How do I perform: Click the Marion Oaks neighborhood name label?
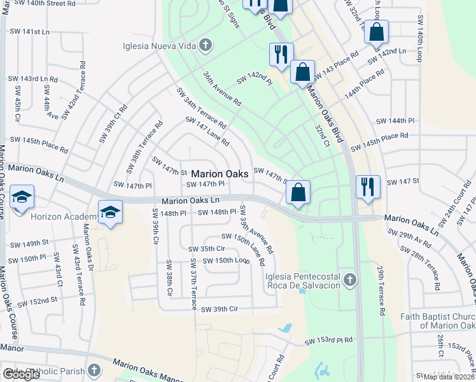[x=220, y=173]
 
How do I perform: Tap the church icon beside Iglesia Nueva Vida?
[x=206, y=45]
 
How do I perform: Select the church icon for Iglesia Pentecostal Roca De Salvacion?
[x=349, y=280]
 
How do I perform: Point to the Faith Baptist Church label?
[x=438, y=321]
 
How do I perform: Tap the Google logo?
[x=21, y=374]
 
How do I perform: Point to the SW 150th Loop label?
[x=225, y=260]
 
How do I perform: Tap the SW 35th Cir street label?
[x=207, y=248]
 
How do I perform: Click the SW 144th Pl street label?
[x=395, y=120]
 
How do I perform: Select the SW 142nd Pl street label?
[x=254, y=79]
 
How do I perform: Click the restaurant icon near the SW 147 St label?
[x=368, y=187]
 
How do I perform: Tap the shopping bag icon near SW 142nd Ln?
[x=376, y=31]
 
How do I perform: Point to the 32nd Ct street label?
[x=321, y=135]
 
